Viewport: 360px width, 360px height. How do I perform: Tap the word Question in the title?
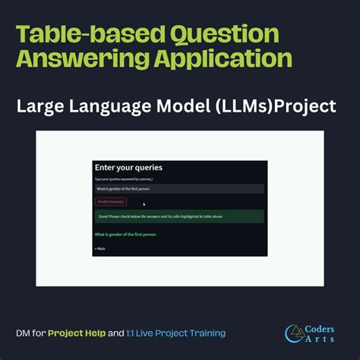pyautogui.click(x=222, y=34)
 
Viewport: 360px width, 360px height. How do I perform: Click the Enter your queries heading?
pyautogui.click(x=128, y=167)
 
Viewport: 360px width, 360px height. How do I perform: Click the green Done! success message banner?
pyautogui.click(x=179, y=216)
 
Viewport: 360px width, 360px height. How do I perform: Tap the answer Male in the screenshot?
pyautogui.click(x=100, y=248)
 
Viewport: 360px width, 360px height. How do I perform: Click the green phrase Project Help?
pyautogui.click(x=77, y=333)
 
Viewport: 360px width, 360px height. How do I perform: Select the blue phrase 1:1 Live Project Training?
pyautogui.click(x=177, y=333)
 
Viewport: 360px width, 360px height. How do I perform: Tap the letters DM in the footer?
pyautogui.click(x=24, y=333)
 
